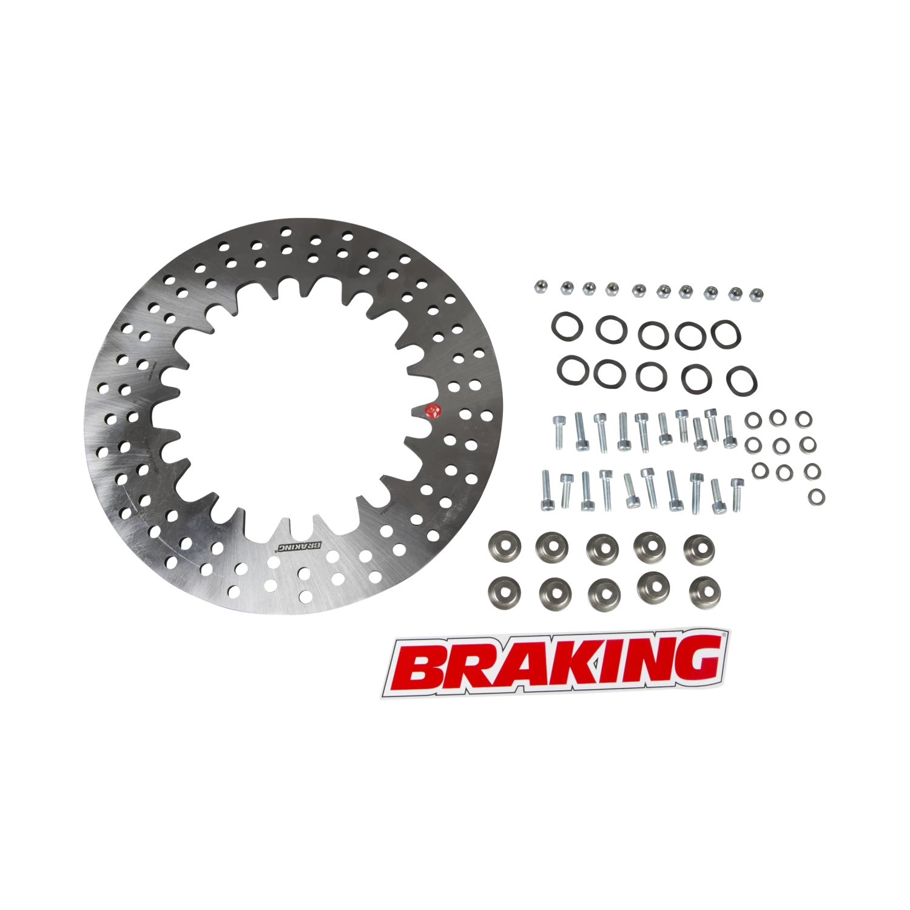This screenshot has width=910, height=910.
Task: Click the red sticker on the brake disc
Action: coord(434,412)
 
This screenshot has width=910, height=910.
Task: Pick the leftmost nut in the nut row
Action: coord(539,286)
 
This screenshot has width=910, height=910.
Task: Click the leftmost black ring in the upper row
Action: coord(567,326)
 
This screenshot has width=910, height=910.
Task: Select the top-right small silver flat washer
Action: coord(804,419)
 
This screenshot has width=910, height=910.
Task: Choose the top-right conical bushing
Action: coord(699,548)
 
